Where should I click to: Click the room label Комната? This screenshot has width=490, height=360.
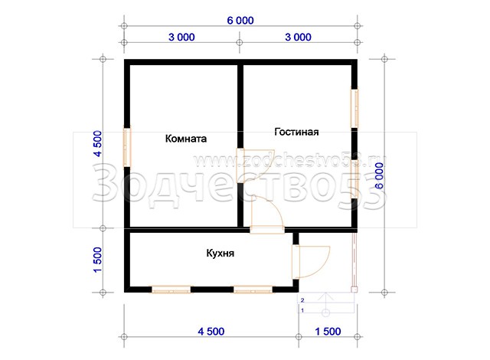(186, 139)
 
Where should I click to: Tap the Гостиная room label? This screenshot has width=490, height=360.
(296, 132)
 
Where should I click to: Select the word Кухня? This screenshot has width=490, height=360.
(220, 253)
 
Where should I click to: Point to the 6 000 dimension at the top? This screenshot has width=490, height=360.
(240, 21)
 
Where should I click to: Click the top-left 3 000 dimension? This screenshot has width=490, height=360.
(181, 37)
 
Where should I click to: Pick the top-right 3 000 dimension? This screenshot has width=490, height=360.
(298, 37)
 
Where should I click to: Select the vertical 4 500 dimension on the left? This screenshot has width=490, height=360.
(98, 144)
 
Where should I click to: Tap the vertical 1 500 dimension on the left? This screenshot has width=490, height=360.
(98, 260)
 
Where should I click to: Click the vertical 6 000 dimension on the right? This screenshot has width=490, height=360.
(379, 175)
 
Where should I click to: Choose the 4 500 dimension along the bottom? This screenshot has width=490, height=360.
(211, 331)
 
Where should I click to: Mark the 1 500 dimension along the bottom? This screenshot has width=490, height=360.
(328, 331)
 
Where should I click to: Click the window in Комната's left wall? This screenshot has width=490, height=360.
(127, 147)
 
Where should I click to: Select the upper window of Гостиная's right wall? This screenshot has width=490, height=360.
(354, 109)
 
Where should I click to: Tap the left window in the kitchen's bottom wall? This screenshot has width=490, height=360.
(171, 290)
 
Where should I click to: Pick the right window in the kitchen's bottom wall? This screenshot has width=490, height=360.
(253, 290)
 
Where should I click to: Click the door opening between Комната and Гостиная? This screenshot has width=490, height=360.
(240, 165)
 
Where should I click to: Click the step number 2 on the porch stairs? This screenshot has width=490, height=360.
(302, 300)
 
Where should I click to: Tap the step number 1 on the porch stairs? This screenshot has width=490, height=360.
(302, 310)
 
